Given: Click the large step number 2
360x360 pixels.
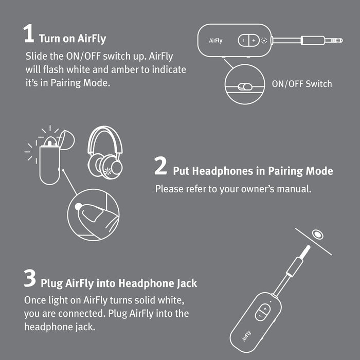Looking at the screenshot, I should (161, 166).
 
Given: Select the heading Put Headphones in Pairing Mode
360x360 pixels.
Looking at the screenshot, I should (253, 171).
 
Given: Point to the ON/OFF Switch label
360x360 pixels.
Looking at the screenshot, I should (301, 84).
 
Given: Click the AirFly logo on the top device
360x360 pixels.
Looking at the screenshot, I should (215, 40).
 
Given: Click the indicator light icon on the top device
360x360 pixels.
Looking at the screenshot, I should (264, 40).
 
